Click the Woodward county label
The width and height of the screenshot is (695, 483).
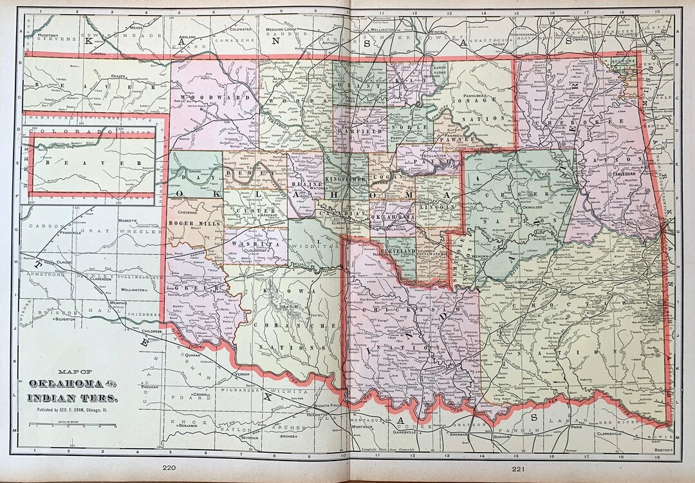[x=205, y=98]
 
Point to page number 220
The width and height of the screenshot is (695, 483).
[x=169, y=469]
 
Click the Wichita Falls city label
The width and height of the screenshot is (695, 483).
[x=332, y=405]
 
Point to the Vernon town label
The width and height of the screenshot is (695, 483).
[x=242, y=374]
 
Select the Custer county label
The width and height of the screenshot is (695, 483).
[x=247, y=211]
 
